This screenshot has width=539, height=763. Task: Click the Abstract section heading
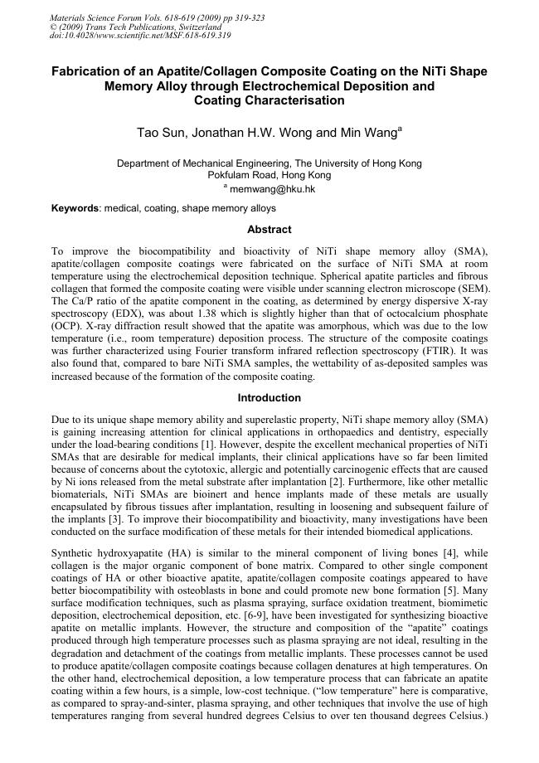click(269, 229)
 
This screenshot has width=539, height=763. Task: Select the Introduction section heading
click(269, 397)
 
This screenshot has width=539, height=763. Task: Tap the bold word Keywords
click(75, 208)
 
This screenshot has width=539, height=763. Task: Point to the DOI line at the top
click(141, 36)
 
